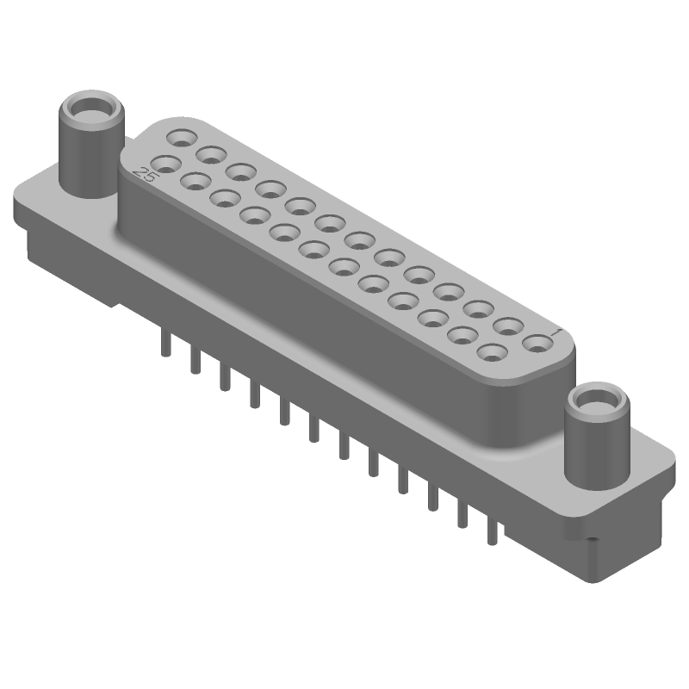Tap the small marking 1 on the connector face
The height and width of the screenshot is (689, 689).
pyautogui.click(x=556, y=332)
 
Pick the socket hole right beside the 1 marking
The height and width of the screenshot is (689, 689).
pyautogui.click(x=538, y=344)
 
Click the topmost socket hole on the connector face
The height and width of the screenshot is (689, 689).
pyautogui.click(x=182, y=137)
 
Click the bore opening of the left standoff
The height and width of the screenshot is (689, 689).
pyautogui.click(x=90, y=109)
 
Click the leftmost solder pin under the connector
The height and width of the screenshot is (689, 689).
pyautogui.click(x=164, y=344)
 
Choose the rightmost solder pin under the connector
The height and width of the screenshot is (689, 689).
pyautogui.click(x=492, y=530)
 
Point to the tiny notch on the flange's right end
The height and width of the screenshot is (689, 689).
pyautogui.click(x=593, y=541)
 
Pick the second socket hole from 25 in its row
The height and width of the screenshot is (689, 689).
pyautogui.click(x=196, y=181)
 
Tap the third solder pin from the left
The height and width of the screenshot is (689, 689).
pyautogui.click(x=224, y=377)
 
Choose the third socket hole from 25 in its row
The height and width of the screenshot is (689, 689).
pyautogui.click(x=226, y=197)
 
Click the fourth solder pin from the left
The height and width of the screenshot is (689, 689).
pyautogui.click(x=254, y=394)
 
